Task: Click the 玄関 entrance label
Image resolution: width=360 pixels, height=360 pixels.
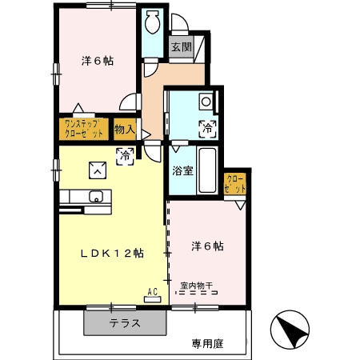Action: click(180, 46)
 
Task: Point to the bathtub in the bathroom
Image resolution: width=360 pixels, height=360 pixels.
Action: click(206, 171)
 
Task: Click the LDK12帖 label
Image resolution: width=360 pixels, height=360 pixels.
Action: click(112, 253)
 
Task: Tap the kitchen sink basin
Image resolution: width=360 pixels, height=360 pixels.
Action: click(97, 197)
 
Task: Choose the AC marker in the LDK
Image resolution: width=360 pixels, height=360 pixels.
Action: click(152, 292)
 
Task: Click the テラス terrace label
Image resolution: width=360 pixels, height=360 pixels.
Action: click(126, 324)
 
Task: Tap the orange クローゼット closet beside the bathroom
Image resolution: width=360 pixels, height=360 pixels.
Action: click(235, 183)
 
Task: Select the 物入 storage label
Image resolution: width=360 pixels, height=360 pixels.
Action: click(124, 128)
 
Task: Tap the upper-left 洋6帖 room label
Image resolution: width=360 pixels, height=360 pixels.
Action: click(96, 60)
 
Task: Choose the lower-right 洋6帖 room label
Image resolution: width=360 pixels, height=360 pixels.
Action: click(207, 246)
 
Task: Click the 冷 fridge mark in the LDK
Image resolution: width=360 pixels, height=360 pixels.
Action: click(125, 156)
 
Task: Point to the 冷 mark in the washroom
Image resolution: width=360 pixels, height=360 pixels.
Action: click(206, 127)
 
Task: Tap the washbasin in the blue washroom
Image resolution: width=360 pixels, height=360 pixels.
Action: click(206, 102)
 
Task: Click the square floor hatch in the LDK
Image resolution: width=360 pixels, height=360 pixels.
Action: click(97, 168)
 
